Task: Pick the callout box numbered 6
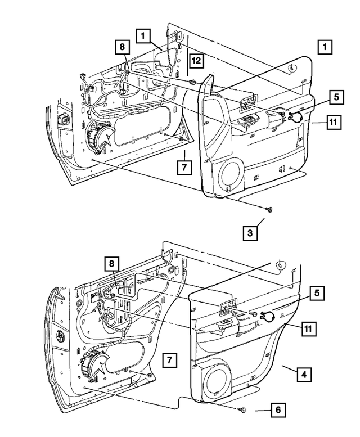[x=277, y=411]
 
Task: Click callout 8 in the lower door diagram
[x=112, y=263]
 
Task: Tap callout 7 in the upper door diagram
[x=184, y=167]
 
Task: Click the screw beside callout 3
[x=269, y=209]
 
